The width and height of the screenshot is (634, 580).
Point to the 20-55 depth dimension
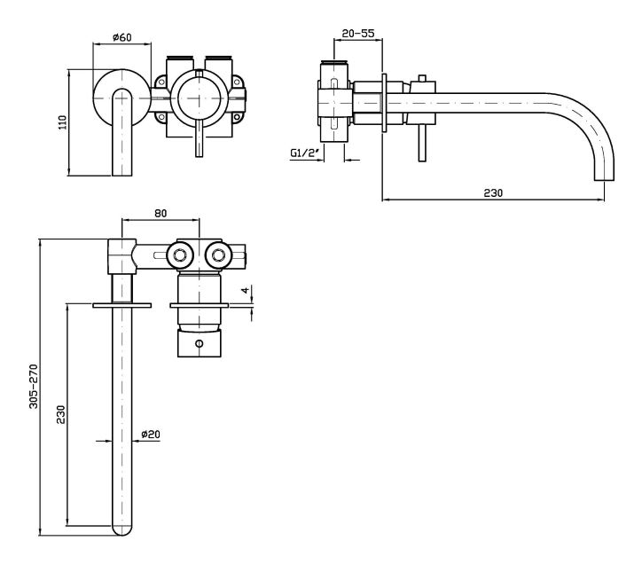357,33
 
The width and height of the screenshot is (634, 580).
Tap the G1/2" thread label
304,153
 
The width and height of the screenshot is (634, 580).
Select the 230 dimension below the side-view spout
494,192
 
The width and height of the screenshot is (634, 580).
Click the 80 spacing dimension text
160,213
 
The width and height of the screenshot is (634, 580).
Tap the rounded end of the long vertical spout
121,529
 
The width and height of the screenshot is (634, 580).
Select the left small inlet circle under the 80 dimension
182,255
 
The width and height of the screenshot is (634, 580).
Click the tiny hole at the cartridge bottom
199,344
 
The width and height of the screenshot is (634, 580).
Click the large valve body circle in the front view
200,98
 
